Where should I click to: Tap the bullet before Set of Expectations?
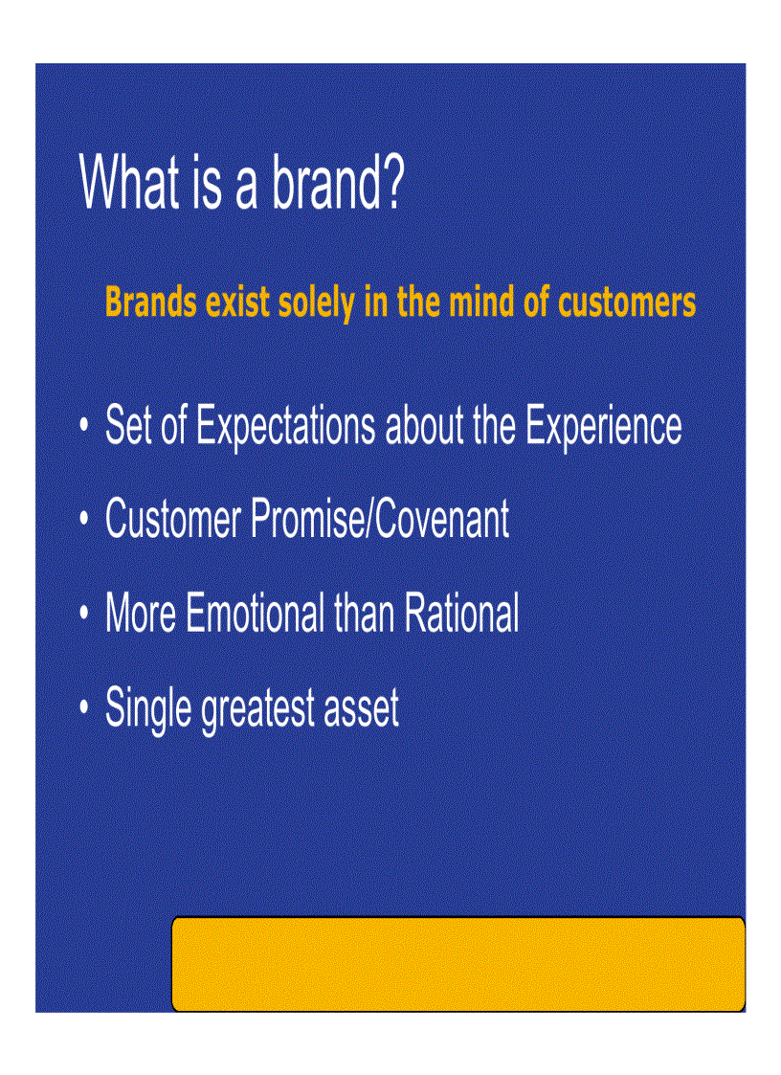pos(85,425)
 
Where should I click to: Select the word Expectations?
pos(285,427)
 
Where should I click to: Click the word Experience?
pos(603,427)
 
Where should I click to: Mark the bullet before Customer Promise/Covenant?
pos(85,520)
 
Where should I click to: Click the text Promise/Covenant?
pos(380,520)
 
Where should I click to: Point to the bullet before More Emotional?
pos(85,614)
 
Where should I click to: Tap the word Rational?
pos(461,614)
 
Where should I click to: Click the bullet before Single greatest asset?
pos(85,707)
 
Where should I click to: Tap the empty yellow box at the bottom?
pos(457,964)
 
